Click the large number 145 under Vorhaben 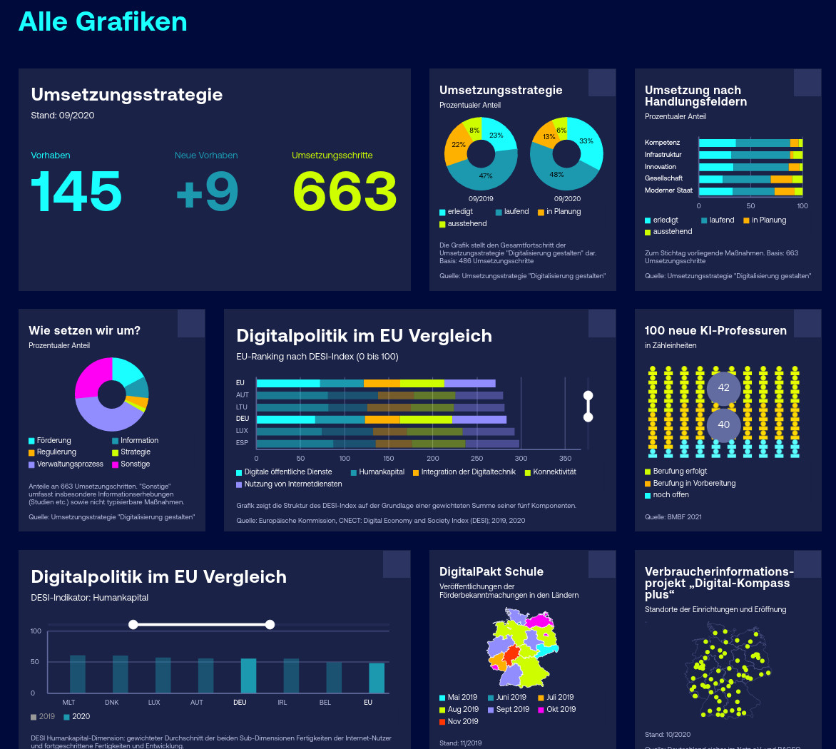76,190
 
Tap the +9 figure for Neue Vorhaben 207,190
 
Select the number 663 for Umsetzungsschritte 345,190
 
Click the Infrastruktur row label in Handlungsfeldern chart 663,155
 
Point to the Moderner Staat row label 668,190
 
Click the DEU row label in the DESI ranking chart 243,419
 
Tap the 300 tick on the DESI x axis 521,459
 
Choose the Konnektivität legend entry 554,472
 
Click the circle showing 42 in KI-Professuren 723,387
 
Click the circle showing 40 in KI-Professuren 723,424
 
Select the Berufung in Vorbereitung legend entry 693,484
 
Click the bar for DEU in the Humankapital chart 248,675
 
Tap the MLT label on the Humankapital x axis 68,703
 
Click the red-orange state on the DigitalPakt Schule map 512,656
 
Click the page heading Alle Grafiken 103,21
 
